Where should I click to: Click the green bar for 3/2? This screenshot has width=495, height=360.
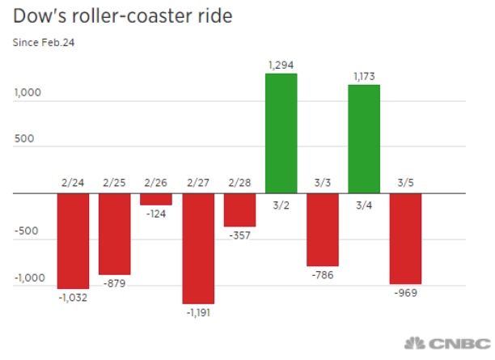coord(281,133)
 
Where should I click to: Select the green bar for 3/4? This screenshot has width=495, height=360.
coord(364,138)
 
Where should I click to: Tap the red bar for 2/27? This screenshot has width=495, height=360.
coord(198,248)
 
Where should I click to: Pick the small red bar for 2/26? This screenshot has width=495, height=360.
coord(156,199)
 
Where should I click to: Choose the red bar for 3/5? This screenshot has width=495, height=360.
coord(405,239)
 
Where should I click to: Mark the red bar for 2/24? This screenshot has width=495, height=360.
coord(73,241)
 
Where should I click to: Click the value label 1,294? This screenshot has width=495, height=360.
coord(281,64)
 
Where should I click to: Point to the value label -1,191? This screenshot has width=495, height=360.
coord(198,311)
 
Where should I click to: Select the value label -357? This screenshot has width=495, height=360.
coord(239,235)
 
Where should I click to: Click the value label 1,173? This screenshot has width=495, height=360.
coord(364,75)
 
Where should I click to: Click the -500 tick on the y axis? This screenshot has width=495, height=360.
coord(27,231)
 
